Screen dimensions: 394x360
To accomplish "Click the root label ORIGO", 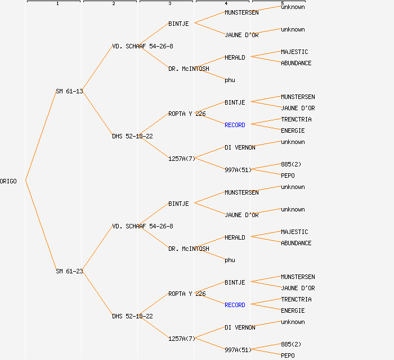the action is pyautogui.click(x=8, y=181).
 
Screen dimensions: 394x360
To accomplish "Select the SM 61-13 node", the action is pyautogui.click(x=69, y=91).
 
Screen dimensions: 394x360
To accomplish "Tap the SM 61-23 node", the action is pyautogui.click(x=69, y=271).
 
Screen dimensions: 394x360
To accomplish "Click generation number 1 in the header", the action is pyautogui.click(x=57, y=3).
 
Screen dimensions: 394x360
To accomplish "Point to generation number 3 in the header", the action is pyautogui.click(x=170, y=3).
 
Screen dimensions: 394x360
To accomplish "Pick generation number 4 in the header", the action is pyautogui.click(x=226, y=3).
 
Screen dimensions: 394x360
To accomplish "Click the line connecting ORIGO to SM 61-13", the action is pyautogui.click(x=41, y=136).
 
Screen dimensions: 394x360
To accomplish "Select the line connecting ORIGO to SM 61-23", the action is pyautogui.click(x=41, y=226).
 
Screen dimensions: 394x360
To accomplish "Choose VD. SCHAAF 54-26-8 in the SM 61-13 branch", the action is pyautogui.click(x=142, y=47).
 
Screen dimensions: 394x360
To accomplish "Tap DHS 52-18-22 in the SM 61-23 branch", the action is pyautogui.click(x=132, y=316).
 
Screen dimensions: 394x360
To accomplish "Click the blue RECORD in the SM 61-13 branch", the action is pyautogui.click(x=235, y=125).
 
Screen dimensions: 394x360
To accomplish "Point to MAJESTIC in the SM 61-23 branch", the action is pyautogui.click(x=294, y=232).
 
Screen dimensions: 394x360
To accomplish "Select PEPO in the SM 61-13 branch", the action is pyautogui.click(x=288, y=175).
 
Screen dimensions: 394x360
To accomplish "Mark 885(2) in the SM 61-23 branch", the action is pyautogui.click(x=291, y=344).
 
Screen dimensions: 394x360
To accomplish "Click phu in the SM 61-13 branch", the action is pyautogui.click(x=230, y=80).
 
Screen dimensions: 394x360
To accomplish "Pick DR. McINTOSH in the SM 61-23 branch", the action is pyautogui.click(x=189, y=249).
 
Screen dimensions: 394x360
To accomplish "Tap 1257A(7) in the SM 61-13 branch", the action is pyautogui.click(x=182, y=159).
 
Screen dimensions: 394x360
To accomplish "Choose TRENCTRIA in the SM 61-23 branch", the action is pyautogui.click(x=296, y=299).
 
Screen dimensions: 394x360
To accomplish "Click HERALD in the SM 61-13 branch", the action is pyautogui.click(x=235, y=58).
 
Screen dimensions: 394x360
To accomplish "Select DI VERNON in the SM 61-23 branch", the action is pyautogui.click(x=240, y=327).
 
